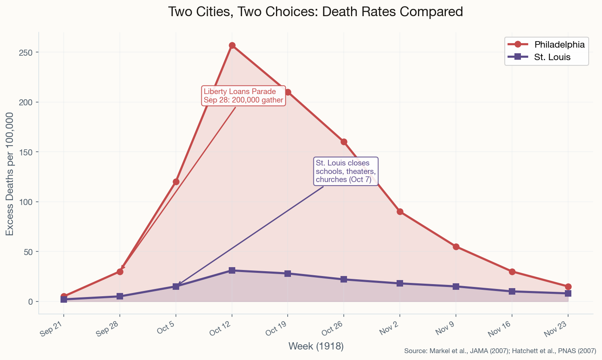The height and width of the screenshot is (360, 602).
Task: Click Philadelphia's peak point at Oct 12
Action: tap(232, 45)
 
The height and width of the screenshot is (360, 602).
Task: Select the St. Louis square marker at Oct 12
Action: tap(232, 270)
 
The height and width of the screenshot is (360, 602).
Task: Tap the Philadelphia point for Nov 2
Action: tap(400, 211)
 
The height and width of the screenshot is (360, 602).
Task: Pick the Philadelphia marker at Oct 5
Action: tap(176, 182)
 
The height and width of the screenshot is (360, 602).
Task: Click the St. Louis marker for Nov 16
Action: tap(512, 291)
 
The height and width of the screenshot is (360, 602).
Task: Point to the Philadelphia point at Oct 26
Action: tap(344, 142)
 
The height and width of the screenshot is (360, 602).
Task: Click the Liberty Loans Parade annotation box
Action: tap(243, 96)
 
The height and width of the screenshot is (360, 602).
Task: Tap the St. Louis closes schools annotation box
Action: tap(345, 171)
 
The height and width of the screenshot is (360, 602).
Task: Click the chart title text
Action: tap(315, 12)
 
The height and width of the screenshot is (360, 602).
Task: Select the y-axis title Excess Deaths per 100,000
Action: tap(10, 174)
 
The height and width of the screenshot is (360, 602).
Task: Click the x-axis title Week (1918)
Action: tap(316, 346)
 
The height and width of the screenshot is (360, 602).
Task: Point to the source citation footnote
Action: tap(500, 351)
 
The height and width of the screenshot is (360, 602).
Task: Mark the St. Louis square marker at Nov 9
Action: tap(456, 287)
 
